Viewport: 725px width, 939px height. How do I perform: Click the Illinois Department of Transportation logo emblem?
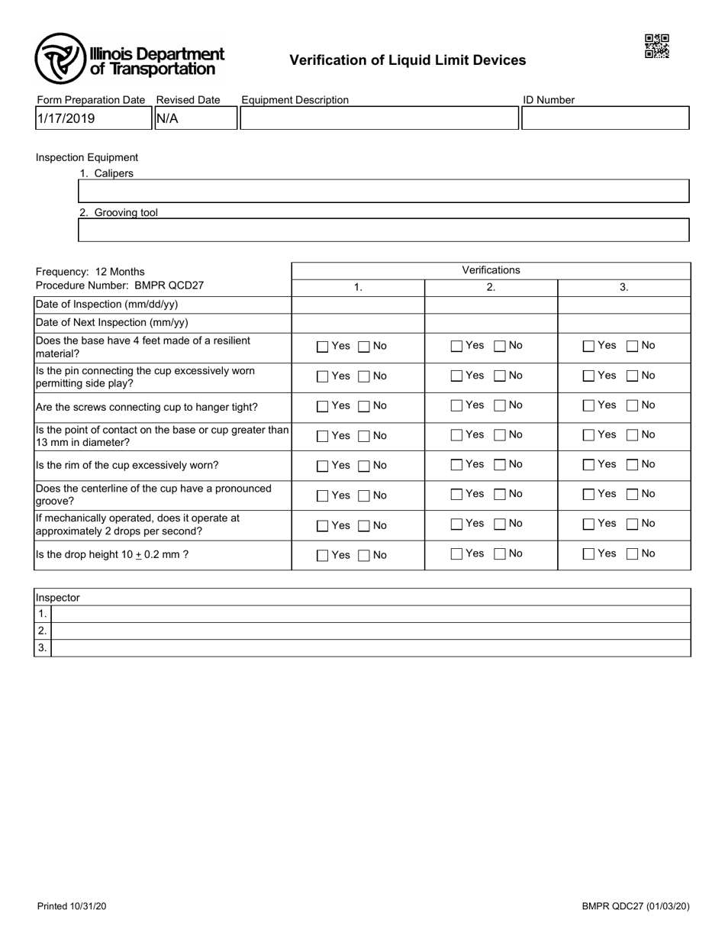(x=60, y=59)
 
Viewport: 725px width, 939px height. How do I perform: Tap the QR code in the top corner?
(x=656, y=46)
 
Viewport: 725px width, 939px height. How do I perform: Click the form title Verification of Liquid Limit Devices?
(x=408, y=60)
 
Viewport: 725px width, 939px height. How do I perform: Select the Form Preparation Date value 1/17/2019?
(x=93, y=118)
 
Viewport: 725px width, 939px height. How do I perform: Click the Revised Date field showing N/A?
(x=195, y=118)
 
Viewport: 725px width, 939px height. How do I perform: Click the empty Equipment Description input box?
(x=379, y=118)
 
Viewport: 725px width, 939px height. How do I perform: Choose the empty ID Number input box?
(x=605, y=118)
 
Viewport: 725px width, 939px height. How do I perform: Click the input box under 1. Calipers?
(x=384, y=191)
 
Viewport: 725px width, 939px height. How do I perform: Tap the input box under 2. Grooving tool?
(x=384, y=230)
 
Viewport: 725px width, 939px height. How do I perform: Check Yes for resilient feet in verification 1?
(x=323, y=347)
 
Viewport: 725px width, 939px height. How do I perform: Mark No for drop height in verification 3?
(x=633, y=554)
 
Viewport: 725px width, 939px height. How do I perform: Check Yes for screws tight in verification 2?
(x=456, y=406)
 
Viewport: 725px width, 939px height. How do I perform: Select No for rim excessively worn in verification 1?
(x=364, y=466)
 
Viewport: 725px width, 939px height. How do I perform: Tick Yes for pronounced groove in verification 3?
(x=588, y=495)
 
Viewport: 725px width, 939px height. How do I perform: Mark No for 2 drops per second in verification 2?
(x=500, y=524)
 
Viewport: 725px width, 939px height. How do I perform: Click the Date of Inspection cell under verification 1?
(x=358, y=304)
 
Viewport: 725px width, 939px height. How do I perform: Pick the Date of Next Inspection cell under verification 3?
(x=623, y=323)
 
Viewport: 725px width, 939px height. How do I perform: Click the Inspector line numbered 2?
(x=370, y=631)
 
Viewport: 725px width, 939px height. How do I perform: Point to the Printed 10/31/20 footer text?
(x=72, y=906)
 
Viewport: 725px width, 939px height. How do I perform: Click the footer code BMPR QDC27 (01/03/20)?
(x=636, y=906)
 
